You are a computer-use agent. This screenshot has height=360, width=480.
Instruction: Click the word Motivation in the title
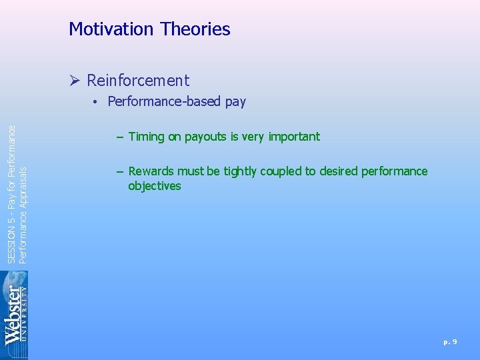(x=111, y=29)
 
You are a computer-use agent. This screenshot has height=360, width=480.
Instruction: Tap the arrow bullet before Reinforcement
(x=75, y=81)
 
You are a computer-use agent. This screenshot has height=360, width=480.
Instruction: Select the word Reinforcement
(x=138, y=81)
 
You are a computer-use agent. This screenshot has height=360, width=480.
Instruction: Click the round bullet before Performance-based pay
(x=97, y=102)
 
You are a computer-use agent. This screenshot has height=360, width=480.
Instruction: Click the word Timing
(x=146, y=137)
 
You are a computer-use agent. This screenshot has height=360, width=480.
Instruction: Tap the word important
(x=294, y=137)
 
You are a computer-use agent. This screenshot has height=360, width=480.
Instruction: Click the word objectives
(x=155, y=186)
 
